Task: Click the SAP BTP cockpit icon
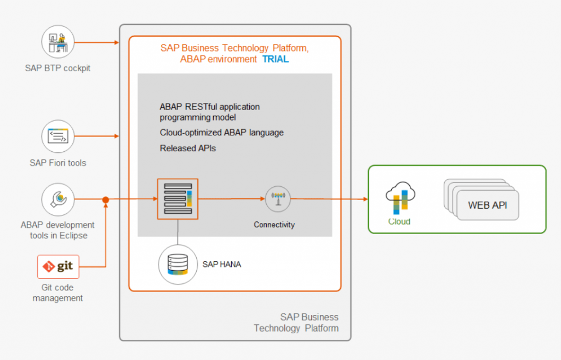(58, 42)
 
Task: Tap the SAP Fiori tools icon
(58, 136)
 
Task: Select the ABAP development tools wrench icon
(58, 199)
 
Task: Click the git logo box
(58, 267)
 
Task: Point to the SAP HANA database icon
(178, 265)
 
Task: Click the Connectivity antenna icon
(278, 199)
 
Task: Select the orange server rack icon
(178, 199)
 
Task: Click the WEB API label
(487, 205)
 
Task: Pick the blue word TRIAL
(276, 59)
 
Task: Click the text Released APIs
(188, 148)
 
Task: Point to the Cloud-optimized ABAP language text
(222, 133)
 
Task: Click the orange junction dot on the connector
(106, 199)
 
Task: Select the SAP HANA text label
(222, 265)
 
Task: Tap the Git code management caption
(58, 293)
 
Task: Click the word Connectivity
(274, 225)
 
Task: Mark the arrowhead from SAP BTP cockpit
(117, 42)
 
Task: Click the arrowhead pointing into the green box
(365, 199)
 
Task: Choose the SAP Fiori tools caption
(58, 163)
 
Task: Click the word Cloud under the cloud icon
(399, 221)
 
